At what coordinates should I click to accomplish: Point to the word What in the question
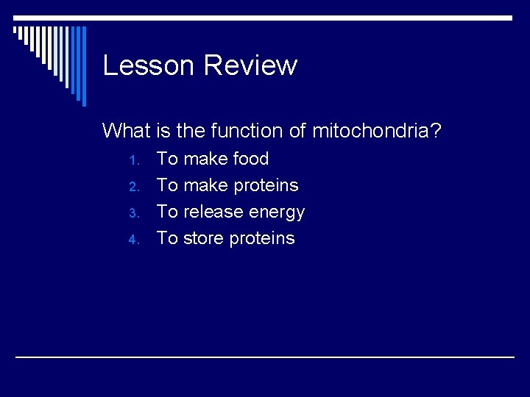pyautogui.click(x=127, y=131)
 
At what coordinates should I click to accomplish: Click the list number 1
pyautogui.click(x=132, y=160)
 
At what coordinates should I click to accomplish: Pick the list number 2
pyautogui.click(x=132, y=187)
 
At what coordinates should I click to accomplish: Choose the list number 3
pyautogui.click(x=132, y=213)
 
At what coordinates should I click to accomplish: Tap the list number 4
pyautogui.click(x=132, y=240)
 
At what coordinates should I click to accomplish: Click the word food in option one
pyautogui.click(x=250, y=159)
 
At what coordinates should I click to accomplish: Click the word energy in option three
pyautogui.click(x=277, y=212)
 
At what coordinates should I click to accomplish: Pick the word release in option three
pyautogui.click(x=213, y=212)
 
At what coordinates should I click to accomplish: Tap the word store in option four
pyautogui.click(x=204, y=238)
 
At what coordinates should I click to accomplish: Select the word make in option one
pyautogui.click(x=205, y=159)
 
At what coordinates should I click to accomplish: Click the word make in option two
pyautogui.click(x=205, y=185)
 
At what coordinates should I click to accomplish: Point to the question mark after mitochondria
pyautogui.click(x=437, y=131)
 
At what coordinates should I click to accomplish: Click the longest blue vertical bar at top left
pyautogui.click(x=83, y=66)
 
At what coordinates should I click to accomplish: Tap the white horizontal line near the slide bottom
pyautogui.click(x=265, y=357)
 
